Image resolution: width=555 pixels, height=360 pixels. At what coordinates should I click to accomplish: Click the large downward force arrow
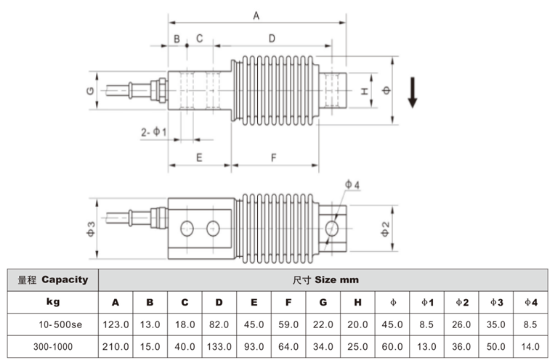pyautogui.click(x=413, y=92)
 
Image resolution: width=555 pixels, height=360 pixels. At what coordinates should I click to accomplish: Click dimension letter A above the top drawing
pyautogui.click(x=256, y=15)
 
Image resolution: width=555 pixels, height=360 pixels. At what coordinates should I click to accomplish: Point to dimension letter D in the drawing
pyautogui.click(x=272, y=38)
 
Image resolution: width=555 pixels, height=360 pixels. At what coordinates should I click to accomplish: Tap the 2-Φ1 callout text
pyautogui.click(x=153, y=132)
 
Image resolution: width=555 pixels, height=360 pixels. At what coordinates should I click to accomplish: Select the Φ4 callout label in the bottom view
pyautogui.click(x=352, y=184)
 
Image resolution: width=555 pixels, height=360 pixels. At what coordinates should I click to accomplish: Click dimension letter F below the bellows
pyautogui.click(x=274, y=157)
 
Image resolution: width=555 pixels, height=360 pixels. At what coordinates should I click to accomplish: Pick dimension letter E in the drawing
pyautogui.click(x=199, y=157)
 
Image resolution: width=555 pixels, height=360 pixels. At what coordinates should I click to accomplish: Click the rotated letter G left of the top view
pyautogui.click(x=90, y=91)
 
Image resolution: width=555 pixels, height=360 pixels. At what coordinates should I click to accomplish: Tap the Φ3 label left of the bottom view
pyautogui.click(x=91, y=229)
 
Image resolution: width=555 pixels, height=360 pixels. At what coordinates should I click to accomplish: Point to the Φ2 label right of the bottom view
pyautogui.click(x=385, y=229)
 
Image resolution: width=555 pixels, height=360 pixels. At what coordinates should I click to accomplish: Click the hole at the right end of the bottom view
pyautogui.click(x=332, y=228)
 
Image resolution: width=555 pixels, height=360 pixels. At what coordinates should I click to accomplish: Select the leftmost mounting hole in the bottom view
pyautogui.click(x=187, y=229)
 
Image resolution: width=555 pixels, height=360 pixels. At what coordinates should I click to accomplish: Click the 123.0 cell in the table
pyautogui.click(x=116, y=324)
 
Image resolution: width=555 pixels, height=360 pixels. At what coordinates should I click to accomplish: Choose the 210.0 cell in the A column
pyautogui.click(x=116, y=346)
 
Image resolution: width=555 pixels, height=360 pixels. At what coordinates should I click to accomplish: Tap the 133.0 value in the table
pyautogui.click(x=219, y=346)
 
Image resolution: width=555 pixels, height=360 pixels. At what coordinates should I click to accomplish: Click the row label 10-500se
pyautogui.click(x=60, y=324)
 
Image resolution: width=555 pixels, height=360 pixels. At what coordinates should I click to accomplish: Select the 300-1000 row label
pyautogui.click(x=53, y=346)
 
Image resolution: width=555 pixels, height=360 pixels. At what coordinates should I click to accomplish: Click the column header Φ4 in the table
pyautogui.click(x=531, y=303)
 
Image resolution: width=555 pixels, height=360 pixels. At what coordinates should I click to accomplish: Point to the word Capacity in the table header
pyautogui.click(x=65, y=279)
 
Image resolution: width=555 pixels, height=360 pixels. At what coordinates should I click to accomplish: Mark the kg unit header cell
pyautogui.click(x=53, y=302)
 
